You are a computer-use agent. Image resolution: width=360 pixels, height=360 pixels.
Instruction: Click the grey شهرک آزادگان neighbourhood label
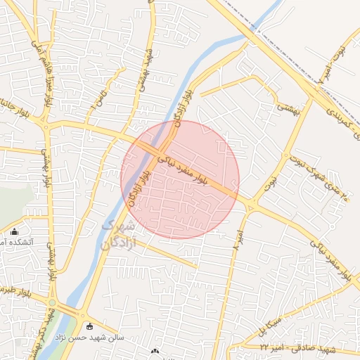pyautogui.click(x=116, y=234)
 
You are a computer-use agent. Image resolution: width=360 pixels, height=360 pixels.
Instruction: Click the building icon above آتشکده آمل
pyautogui.click(x=15, y=231)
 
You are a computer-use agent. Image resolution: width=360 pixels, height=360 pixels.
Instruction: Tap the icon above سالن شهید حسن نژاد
pyautogui.click(x=89, y=326)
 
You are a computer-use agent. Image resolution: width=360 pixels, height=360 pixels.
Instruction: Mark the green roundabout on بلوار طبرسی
pyautogui.click(x=52, y=303)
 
